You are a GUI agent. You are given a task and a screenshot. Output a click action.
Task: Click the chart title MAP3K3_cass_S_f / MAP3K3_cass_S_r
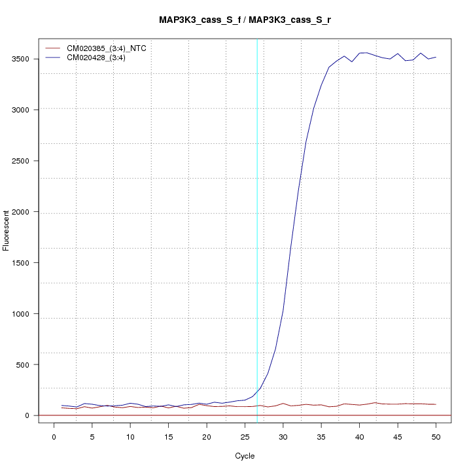click(249, 20)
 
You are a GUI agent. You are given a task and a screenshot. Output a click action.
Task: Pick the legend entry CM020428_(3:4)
click(101, 58)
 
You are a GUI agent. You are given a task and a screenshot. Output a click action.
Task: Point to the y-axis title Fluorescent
click(7, 230)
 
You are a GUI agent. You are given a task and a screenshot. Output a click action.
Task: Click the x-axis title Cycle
click(245, 456)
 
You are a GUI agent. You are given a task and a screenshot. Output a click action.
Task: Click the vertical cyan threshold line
click(257, 229)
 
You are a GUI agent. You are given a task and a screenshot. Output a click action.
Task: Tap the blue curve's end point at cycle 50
click(436, 57)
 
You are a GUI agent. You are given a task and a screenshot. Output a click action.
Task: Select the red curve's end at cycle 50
click(436, 404)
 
